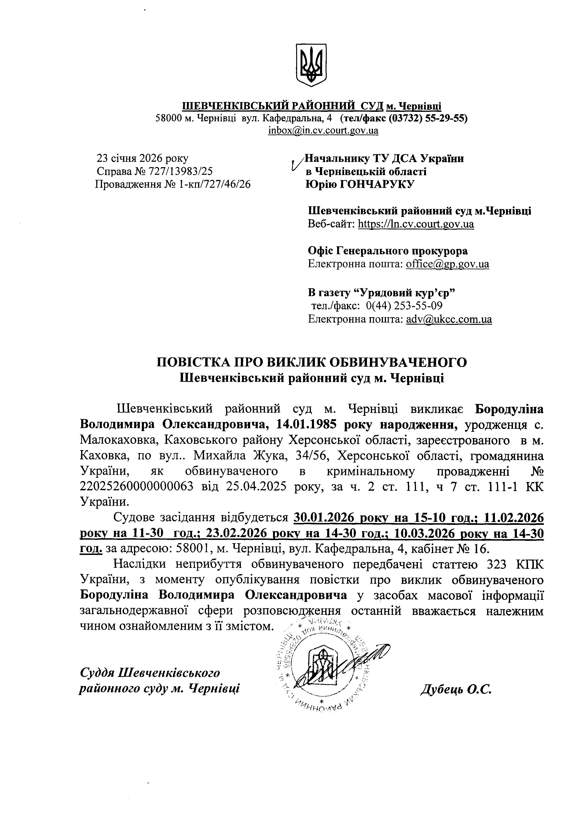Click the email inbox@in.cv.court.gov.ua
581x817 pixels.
323,131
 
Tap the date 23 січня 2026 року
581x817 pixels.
142,158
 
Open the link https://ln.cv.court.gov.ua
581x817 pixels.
416,224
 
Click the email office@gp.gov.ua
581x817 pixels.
447,264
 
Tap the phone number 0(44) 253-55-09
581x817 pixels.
404,306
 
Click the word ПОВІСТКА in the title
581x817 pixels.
192,363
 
